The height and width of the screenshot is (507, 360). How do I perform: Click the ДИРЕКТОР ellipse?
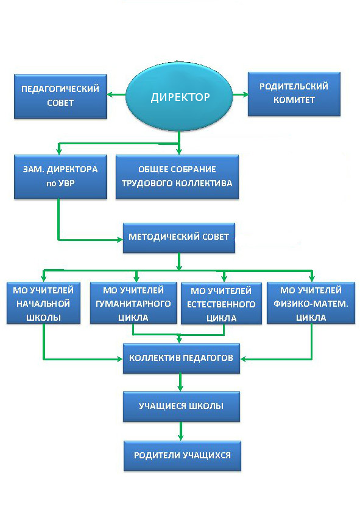pos(179,96)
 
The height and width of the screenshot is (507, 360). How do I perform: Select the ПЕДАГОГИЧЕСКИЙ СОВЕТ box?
pos(60,96)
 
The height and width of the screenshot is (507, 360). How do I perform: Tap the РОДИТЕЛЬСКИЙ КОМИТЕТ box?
pos(294,94)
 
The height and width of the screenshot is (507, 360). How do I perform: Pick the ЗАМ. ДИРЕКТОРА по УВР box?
pos(60,177)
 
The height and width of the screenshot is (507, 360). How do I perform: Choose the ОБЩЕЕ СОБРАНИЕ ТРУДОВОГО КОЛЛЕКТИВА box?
pos(177,177)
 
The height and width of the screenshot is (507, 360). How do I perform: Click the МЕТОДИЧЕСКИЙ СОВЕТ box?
pos(178,237)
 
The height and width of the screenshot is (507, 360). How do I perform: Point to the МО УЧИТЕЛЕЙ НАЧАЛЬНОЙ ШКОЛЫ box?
pos(43,302)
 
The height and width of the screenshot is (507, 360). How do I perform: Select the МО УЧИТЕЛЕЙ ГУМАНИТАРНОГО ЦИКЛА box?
pos(133,302)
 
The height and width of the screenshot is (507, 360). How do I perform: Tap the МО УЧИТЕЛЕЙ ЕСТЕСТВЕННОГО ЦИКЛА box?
pos(221,303)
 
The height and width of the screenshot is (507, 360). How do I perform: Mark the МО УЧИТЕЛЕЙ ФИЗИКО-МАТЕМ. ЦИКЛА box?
pos(311,302)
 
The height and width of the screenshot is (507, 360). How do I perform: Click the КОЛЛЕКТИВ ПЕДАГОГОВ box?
pos(182,358)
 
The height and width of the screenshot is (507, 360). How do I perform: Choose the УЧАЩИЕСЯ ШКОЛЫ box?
pos(182,407)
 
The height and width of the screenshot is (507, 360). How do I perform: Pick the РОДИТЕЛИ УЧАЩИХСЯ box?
pos(182,456)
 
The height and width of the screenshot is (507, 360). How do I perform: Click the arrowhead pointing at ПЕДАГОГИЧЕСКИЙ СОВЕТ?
pos(110,95)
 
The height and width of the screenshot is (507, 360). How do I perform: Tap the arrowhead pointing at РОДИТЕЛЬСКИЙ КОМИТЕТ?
pos(245,95)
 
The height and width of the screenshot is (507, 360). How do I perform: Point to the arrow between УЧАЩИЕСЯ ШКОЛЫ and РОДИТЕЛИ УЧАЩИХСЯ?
pos(181,431)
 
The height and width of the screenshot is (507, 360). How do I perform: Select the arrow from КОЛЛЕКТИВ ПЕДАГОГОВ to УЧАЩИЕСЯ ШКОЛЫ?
pos(180,382)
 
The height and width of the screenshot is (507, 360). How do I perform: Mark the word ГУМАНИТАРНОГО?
pos(133,304)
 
